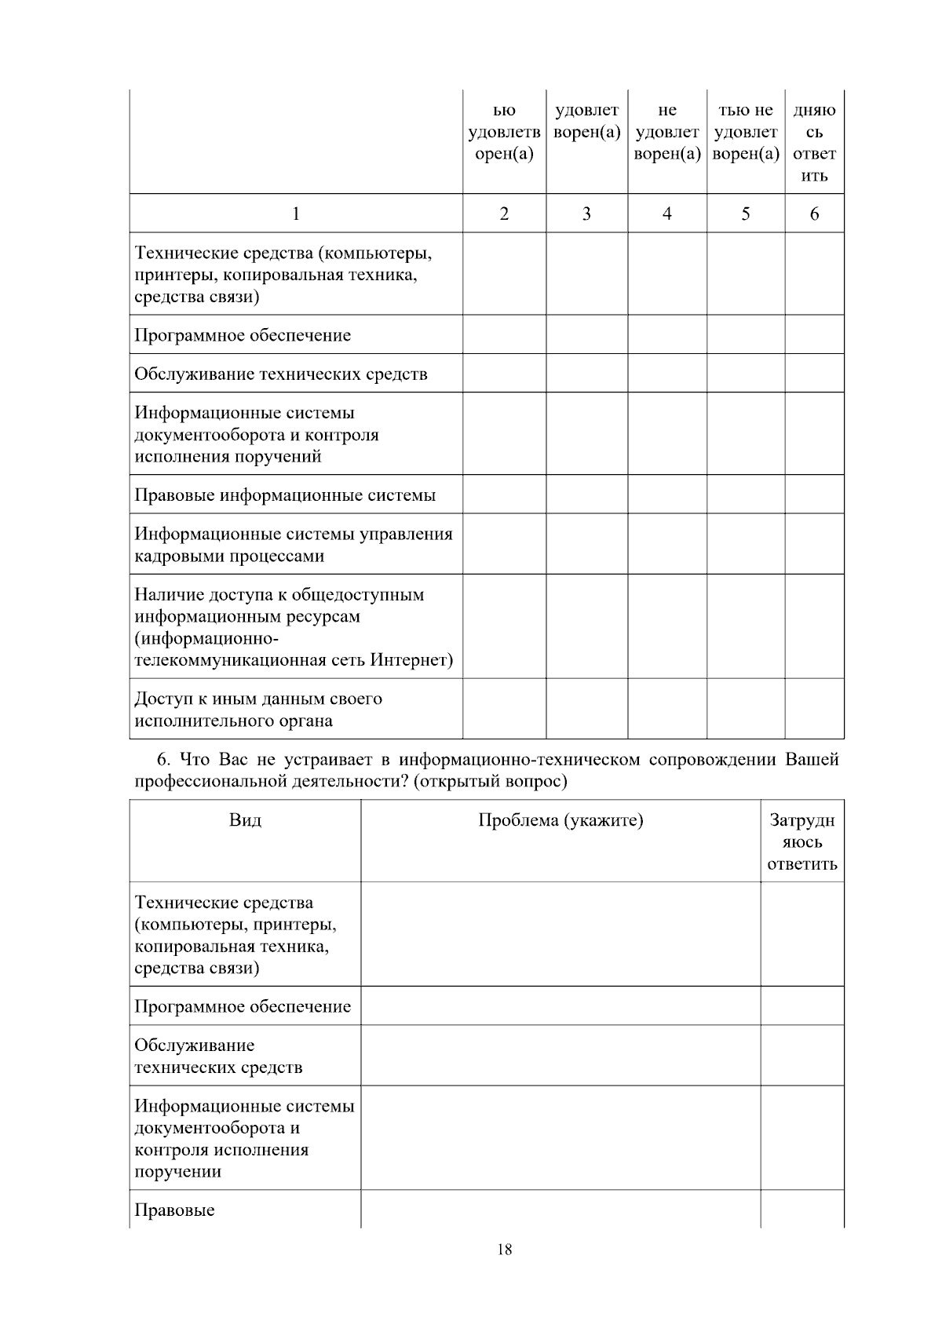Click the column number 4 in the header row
pos(666,213)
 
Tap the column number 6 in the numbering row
pos(814,213)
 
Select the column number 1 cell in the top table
pos(295,213)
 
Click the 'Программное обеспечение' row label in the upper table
pos(243,335)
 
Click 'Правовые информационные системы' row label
pos(285,495)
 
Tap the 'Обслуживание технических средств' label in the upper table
pos(281,374)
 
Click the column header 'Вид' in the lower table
pos(245,821)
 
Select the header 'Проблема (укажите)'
pos(560,821)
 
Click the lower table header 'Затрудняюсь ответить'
pos(801,842)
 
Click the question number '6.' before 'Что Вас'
pos(163,760)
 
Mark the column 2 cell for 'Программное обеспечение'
pos(504,335)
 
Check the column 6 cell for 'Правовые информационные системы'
pos(814,495)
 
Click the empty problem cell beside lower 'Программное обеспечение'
pos(560,1006)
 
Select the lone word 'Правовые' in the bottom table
pos(174,1210)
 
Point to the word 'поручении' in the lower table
pos(177,1172)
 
